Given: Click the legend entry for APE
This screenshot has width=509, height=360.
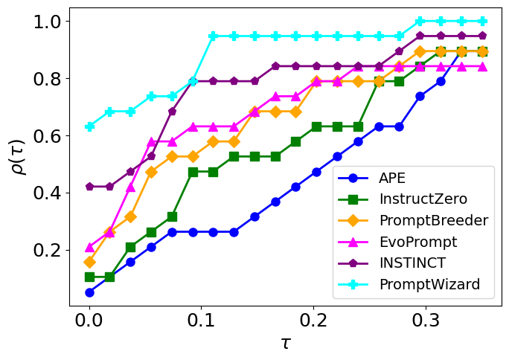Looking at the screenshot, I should (393, 179).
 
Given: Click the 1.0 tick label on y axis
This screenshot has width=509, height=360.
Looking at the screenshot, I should (48, 22).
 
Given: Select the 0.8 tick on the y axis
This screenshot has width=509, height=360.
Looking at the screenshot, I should (48, 79).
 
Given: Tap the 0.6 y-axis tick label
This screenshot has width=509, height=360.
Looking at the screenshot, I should (48, 136).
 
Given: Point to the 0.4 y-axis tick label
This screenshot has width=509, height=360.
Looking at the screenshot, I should (48, 193).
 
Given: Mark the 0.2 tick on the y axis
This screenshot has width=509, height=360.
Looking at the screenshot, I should (48, 250).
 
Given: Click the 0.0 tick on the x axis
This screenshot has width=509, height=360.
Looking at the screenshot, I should (89, 321).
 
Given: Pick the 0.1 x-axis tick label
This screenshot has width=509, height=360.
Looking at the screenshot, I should (201, 321).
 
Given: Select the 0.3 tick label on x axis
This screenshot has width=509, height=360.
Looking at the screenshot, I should (425, 321).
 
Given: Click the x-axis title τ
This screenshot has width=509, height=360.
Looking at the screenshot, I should (285, 344).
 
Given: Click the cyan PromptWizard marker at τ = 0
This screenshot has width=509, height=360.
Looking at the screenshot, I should (89, 126).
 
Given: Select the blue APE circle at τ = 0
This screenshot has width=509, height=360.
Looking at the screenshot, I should (89, 292).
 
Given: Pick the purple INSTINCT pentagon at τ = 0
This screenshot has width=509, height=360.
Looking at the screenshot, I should (89, 187).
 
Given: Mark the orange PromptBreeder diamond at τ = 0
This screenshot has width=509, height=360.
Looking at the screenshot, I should (89, 262).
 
